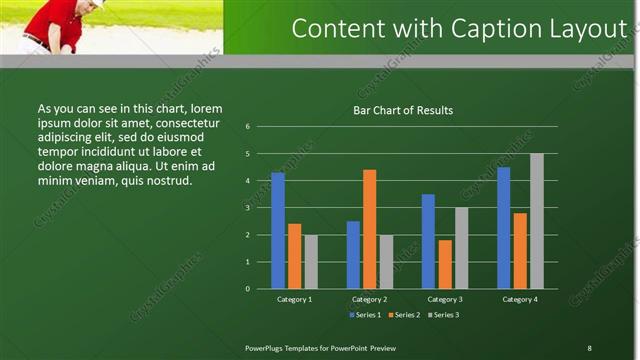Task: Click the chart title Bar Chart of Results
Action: tap(403, 110)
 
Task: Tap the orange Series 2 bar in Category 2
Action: tap(369, 229)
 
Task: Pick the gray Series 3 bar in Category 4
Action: tap(536, 221)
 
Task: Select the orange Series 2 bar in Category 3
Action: tap(445, 264)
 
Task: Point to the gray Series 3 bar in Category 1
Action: tap(311, 261)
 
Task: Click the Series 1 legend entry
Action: tap(365, 315)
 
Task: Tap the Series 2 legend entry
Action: tap(404, 315)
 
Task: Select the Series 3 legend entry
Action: tap(443, 315)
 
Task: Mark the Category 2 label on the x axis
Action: tap(369, 299)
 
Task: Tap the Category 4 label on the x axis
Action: tap(520, 299)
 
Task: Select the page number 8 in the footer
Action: tap(589, 347)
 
